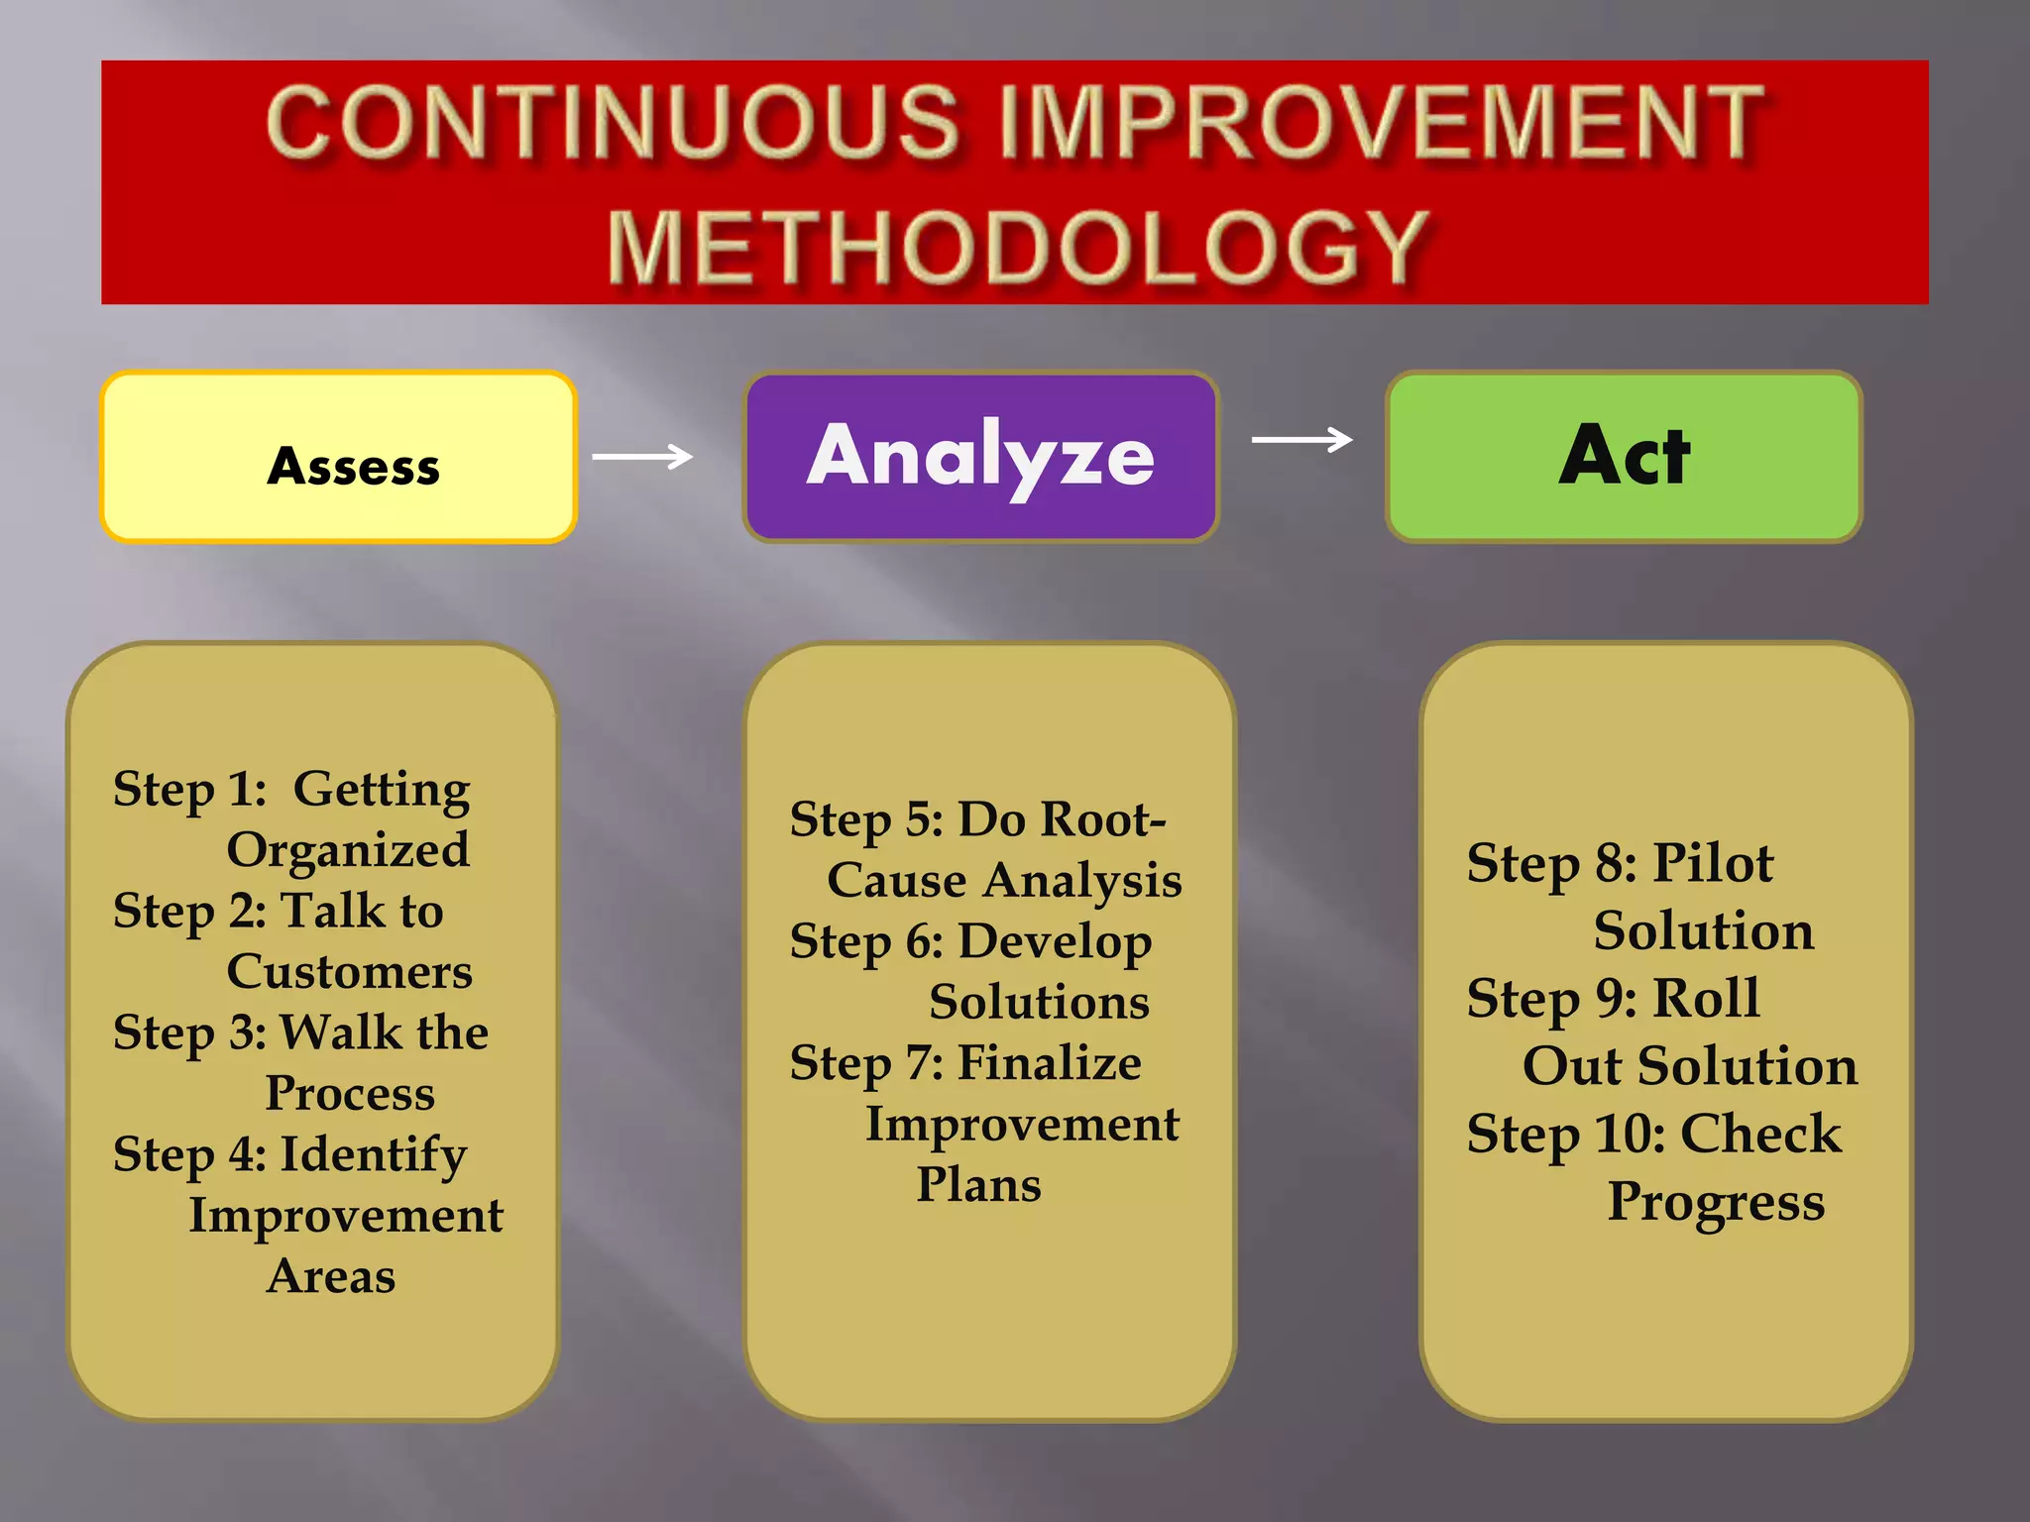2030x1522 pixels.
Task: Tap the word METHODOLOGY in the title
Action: click(x=1017, y=248)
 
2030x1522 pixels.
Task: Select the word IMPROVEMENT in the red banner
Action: click(x=1383, y=123)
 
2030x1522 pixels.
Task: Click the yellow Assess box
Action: click(x=339, y=458)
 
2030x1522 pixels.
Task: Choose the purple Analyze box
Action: click(x=980, y=456)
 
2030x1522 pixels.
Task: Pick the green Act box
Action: click(x=1624, y=456)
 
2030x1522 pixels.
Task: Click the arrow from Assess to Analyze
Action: click(x=642, y=457)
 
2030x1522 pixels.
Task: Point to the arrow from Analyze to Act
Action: click(x=1301, y=439)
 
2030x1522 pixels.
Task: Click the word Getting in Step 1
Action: click(x=382, y=791)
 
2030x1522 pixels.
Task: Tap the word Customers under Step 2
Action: click(x=349, y=972)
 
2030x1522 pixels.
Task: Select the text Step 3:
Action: click(x=188, y=1033)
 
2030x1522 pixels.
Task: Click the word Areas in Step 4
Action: click(x=331, y=1276)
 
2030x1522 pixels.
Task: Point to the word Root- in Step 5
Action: click(x=1110, y=820)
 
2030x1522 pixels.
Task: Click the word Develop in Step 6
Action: click(x=1054, y=942)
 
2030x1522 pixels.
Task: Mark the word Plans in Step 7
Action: click(x=978, y=1185)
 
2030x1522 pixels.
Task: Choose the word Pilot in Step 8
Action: click(x=1713, y=863)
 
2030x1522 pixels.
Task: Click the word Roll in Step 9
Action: click(x=1707, y=998)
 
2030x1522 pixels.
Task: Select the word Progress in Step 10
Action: click(x=1716, y=1203)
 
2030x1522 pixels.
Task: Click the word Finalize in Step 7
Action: click(x=1049, y=1063)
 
